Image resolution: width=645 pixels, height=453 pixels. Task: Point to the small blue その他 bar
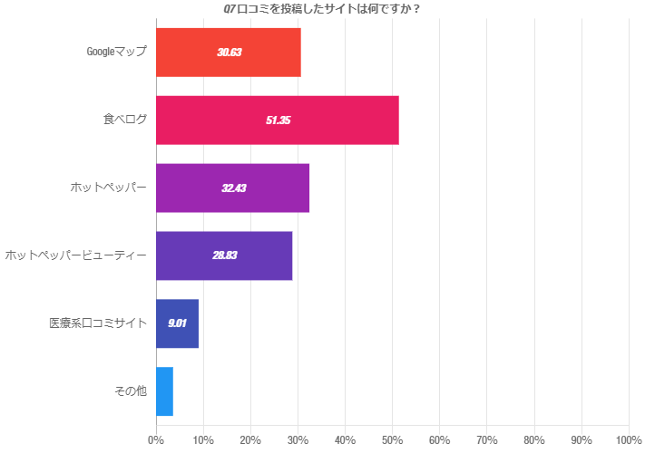(164, 391)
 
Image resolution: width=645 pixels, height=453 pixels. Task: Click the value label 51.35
(278, 120)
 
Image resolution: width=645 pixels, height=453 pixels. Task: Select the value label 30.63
(229, 52)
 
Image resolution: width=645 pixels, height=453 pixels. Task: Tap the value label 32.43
(233, 188)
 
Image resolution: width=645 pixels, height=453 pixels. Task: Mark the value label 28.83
(224, 255)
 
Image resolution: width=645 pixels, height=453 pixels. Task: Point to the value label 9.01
(177, 323)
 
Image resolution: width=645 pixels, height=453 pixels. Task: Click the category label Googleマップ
(116, 52)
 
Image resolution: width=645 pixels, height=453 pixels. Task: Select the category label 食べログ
(124, 120)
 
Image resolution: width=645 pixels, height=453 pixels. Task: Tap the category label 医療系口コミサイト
(98, 323)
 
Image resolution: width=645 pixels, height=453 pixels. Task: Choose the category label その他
(131, 391)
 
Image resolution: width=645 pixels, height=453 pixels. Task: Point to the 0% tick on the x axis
(156, 440)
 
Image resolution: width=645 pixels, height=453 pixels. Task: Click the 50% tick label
(392, 440)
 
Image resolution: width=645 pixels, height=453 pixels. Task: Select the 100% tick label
(628, 440)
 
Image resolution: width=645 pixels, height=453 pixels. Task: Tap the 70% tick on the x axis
(486, 440)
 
